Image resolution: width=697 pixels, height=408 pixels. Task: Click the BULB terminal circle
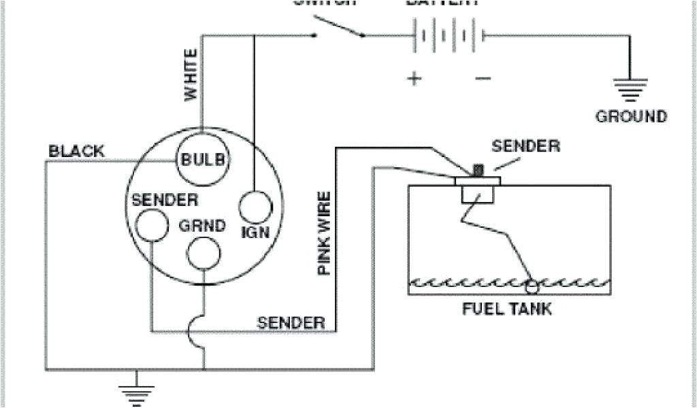coord(202,160)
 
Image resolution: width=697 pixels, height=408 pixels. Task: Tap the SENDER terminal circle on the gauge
coord(151,224)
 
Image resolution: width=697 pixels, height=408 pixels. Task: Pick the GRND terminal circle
coord(204,252)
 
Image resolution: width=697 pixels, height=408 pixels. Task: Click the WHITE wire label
coord(192,75)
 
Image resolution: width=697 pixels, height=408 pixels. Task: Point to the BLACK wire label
coord(76,151)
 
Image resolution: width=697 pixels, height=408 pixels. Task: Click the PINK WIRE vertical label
coord(325,233)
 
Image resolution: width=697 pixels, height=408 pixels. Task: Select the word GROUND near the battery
coord(631,116)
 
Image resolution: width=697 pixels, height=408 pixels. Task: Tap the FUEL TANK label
coord(507,309)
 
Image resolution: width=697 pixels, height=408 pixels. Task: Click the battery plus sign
coord(415,78)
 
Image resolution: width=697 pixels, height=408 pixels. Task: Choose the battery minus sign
coord(483,78)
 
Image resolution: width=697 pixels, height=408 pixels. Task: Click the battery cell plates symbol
coord(448,35)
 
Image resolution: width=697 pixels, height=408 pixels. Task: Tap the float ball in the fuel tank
coord(532,282)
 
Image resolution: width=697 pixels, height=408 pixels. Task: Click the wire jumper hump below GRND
coord(197,333)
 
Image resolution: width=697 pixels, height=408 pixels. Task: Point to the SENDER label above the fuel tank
coord(526,146)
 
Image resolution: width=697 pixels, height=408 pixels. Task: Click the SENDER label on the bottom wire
coord(291,322)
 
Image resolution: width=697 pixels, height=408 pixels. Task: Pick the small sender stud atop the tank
coord(478,169)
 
